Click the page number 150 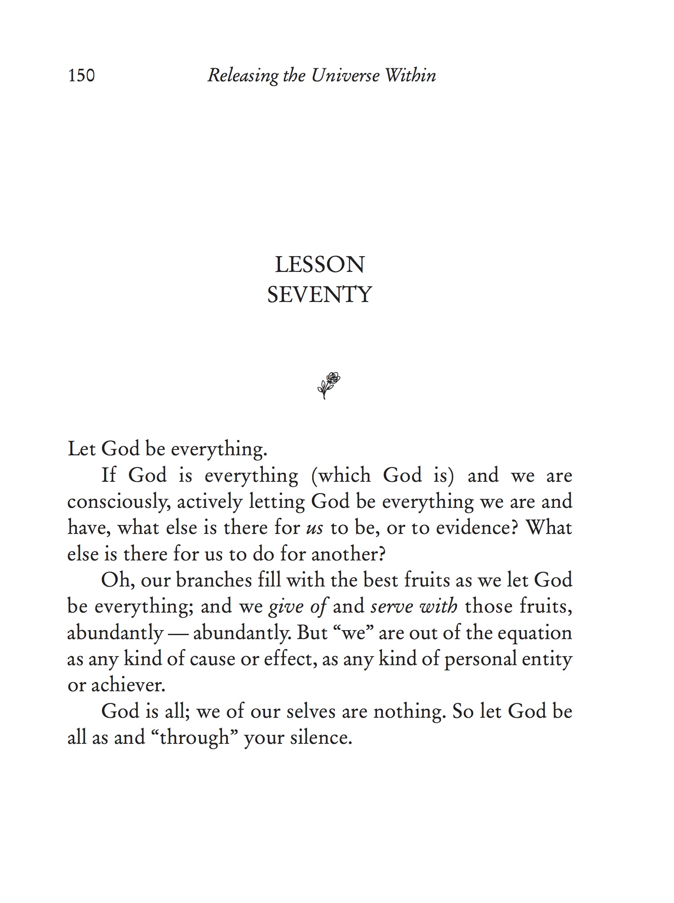(x=81, y=76)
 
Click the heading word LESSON (x=319, y=264)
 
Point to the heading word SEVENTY (x=319, y=295)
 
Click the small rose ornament (x=328, y=385)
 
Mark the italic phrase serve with (x=414, y=607)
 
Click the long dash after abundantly (x=178, y=633)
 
